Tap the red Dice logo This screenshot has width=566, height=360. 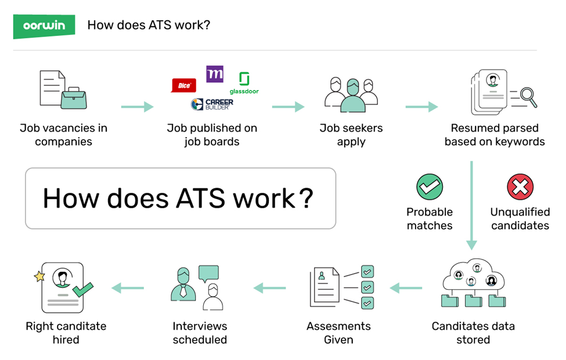click(x=183, y=85)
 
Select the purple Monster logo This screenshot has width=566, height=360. click(x=215, y=74)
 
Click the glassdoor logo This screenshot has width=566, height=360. click(x=244, y=83)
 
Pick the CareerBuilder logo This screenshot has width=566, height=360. click(x=212, y=105)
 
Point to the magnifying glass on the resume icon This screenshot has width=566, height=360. click(x=528, y=95)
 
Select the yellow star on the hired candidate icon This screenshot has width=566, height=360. click(x=39, y=276)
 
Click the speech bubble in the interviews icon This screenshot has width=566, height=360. click(x=208, y=273)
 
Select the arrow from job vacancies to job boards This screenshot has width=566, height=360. click(x=137, y=107)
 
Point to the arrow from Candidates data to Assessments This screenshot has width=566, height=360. click(x=406, y=287)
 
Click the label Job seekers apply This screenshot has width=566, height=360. click(x=351, y=135)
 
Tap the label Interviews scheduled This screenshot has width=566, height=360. click(x=200, y=333)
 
